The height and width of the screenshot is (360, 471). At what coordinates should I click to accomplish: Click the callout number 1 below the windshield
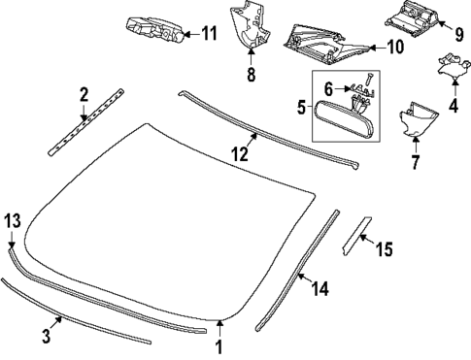pyautogui.click(x=219, y=346)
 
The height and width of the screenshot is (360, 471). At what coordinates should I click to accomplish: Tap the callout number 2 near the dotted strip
pyautogui.click(x=84, y=94)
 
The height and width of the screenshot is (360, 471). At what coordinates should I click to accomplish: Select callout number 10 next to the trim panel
pyautogui.click(x=395, y=46)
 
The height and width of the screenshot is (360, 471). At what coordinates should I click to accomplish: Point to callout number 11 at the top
pyautogui.click(x=209, y=33)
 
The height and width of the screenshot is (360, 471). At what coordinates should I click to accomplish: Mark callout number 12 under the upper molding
pyautogui.click(x=239, y=154)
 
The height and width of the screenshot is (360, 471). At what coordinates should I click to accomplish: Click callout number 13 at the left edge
pyautogui.click(x=11, y=221)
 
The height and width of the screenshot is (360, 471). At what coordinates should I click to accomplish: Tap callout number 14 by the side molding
pyautogui.click(x=320, y=288)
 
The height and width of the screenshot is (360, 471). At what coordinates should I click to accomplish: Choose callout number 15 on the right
pyautogui.click(x=384, y=250)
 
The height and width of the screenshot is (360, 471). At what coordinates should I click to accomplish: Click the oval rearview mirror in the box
pyautogui.click(x=340, y=115)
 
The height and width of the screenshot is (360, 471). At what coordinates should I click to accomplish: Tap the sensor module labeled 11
pyautogui.click(x=153, y=31)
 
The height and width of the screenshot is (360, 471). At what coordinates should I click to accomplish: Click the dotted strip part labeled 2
pyautogui.click(x=86, y=123)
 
